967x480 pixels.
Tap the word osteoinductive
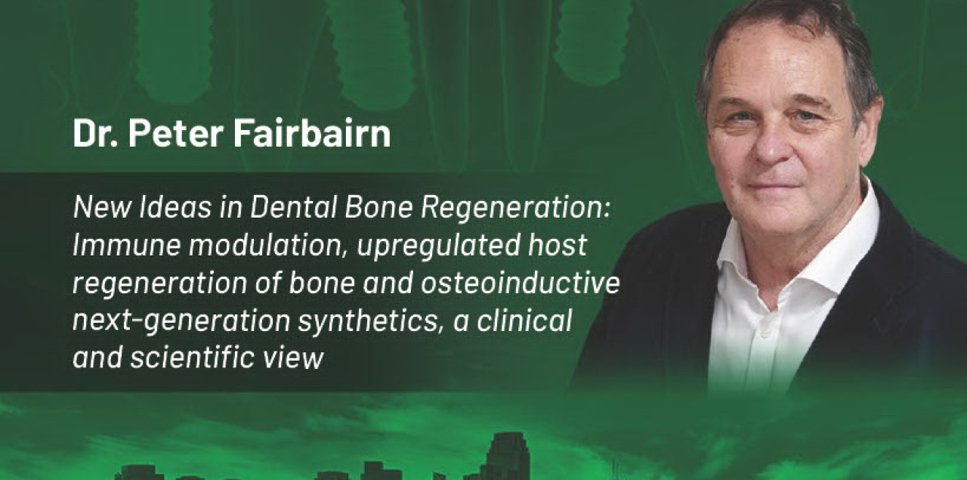[521, 283]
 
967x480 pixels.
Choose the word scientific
[193, 358]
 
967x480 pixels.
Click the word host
[558, 245]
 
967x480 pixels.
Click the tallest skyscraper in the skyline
[507, 456]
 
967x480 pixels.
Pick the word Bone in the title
[379, 207]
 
